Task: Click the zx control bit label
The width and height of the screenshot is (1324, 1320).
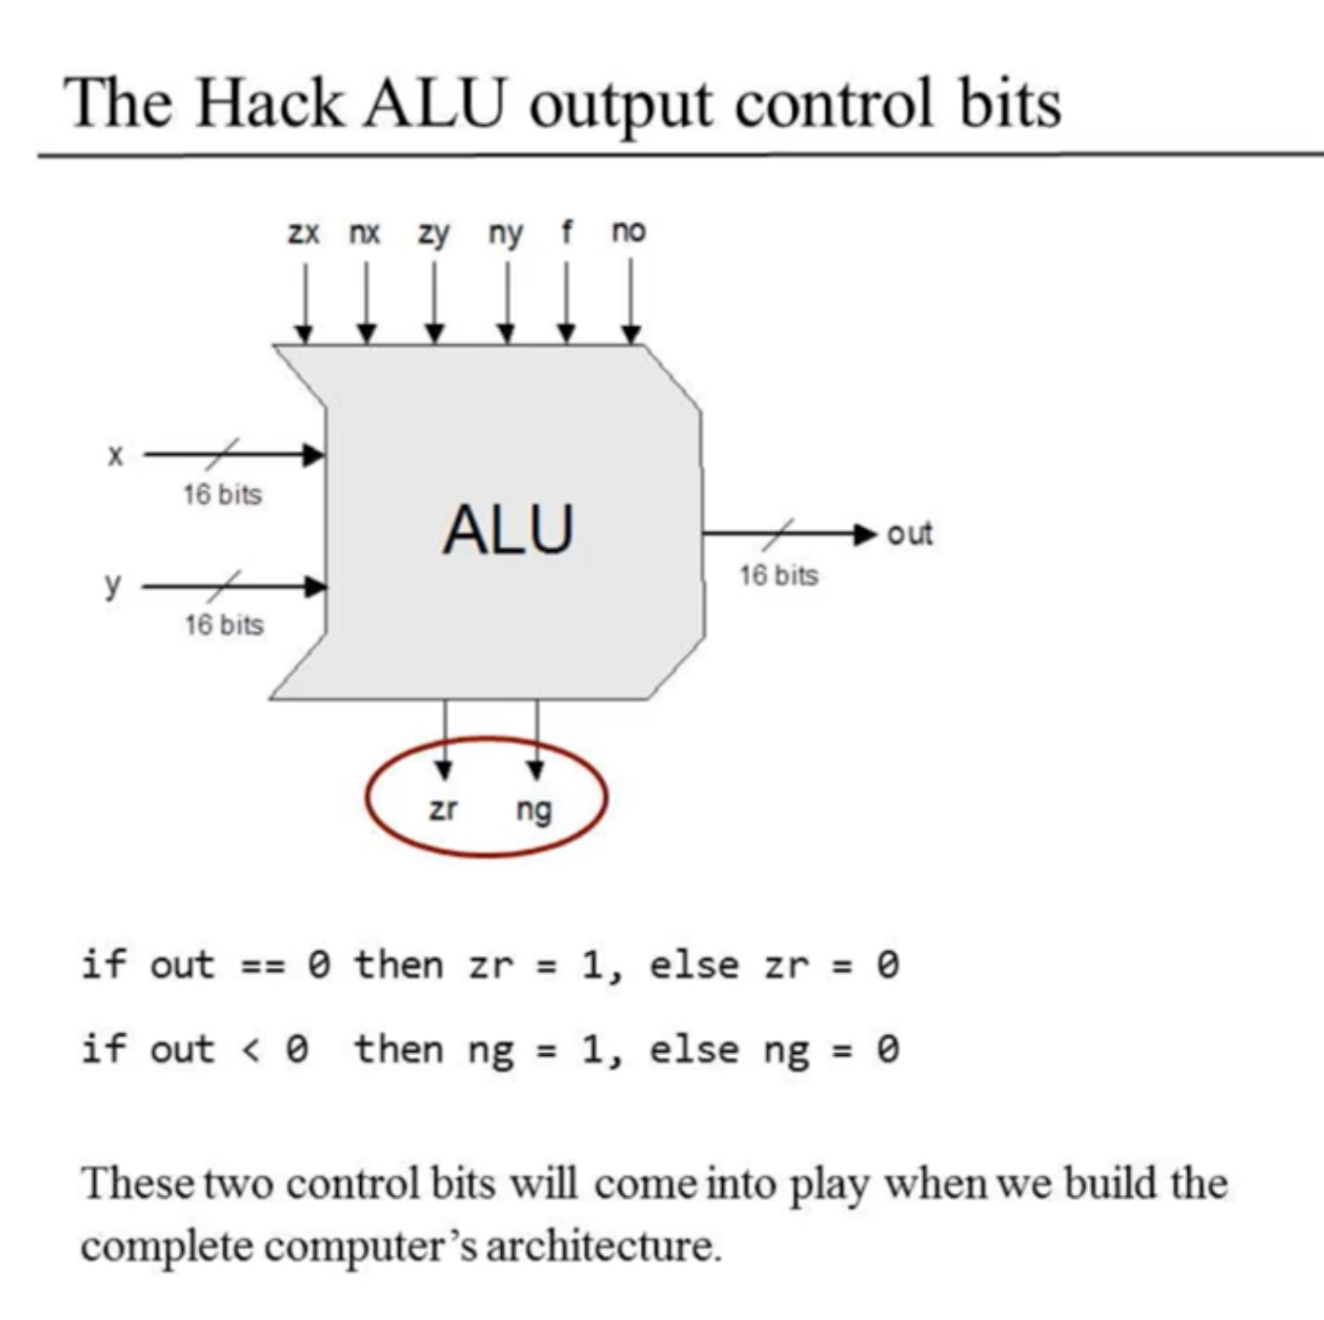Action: point(303,232)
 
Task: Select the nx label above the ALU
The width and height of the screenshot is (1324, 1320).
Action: point(365,232)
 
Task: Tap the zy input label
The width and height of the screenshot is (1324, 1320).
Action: point(433,233)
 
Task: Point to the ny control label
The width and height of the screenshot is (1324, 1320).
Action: point(506,233)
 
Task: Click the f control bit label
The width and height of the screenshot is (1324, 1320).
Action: point(566,231)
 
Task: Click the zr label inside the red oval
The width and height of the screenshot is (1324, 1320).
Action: point(443,808)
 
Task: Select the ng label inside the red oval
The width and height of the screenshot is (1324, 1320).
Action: point(535,810)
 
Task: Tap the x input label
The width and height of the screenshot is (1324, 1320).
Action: point(115,456)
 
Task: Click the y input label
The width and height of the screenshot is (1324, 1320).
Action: point(113,586)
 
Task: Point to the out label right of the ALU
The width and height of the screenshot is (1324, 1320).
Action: point(910,533)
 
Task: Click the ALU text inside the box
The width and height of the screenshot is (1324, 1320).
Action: point(509,529)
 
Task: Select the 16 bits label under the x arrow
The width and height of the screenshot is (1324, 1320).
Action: point(222,494)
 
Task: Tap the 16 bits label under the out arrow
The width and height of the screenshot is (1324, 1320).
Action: point(778,575)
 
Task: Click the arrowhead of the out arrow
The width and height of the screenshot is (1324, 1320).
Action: point(867,534)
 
